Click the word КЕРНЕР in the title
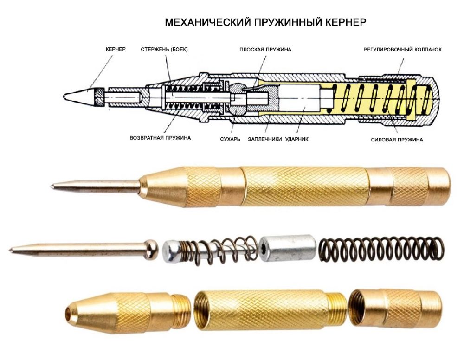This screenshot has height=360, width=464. pos(346,22)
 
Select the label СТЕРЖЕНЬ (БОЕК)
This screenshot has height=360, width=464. pos(164,49)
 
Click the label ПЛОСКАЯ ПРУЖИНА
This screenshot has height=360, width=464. pos(265,50)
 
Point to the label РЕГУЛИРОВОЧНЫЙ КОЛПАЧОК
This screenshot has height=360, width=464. pos(403,50)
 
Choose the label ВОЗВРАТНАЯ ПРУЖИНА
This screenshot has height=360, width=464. pos(160,138)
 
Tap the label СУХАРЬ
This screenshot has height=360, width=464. pos(230,139)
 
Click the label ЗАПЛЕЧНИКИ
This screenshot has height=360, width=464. pos(265,139)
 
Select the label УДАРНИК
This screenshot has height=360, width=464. pos(297,139)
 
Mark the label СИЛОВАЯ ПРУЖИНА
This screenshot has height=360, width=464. pos(397,140)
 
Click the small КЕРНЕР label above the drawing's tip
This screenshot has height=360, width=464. pos(116,49)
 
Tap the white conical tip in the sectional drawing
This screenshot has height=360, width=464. pos(78,97)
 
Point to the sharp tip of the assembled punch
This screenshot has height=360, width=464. pos(52,186)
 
